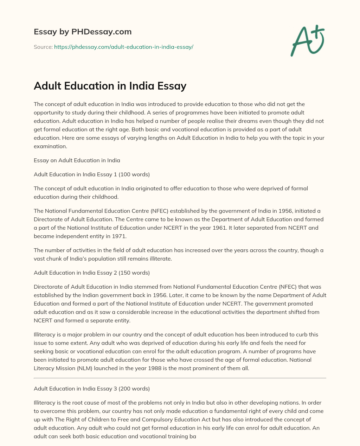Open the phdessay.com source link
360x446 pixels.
click(x=124, y=47)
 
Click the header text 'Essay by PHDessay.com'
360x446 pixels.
click(x=83, y=32)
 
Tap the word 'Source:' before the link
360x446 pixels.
click(x=43, y=47)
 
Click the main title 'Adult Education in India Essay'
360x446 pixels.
click(x=110, y=86)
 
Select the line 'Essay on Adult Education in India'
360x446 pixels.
click(x=77, y=160)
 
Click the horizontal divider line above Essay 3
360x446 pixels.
click(x=180, y=378)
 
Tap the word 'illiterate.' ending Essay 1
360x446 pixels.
click(x=159, y=258)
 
